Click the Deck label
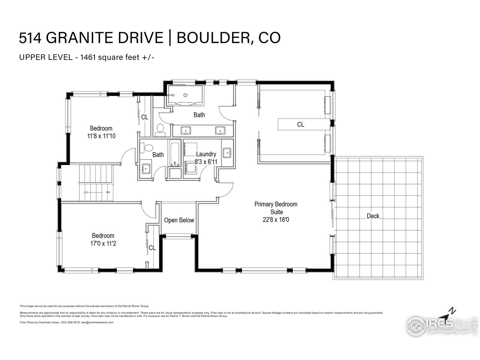click(x=373, y=216)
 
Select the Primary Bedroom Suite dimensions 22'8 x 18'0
click(x=276, y=220)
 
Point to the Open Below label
click(x=179, y=220)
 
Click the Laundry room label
click(x=206, y=154)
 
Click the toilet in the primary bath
click(x=160, y=129)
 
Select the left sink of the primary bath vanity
click(x=186, y=130)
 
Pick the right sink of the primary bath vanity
click(x=220, y=130)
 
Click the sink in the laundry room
click(x=227, y=153)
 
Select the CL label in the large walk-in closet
click(x=300, y=124)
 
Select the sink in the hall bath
click(x=145, y=168)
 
